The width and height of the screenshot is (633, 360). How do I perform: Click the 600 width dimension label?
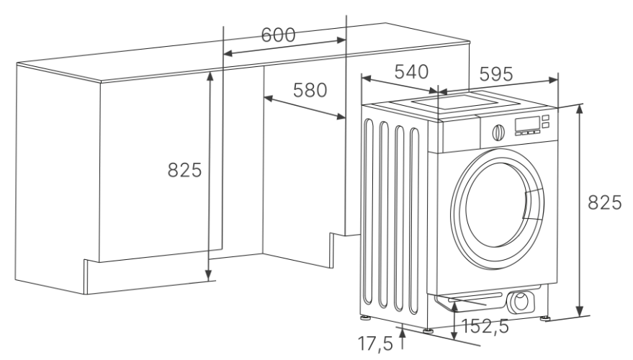pos(277,36)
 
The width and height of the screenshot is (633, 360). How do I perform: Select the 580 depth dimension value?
pos(310,90)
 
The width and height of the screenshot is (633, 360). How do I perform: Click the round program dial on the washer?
pos(497,132)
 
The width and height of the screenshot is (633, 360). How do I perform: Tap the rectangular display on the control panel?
pos(527,125)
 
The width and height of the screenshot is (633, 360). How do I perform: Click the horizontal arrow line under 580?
pos(303,105)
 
